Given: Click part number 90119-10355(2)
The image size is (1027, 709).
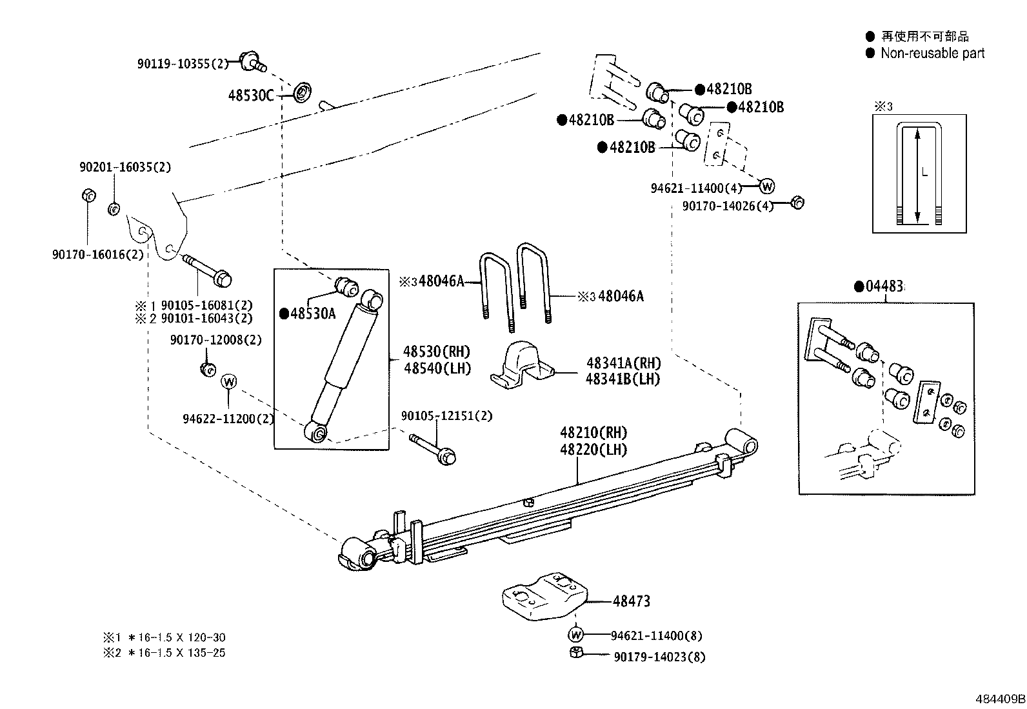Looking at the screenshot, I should (x=183, y=64).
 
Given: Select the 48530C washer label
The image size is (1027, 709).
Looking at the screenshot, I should (x=251, y=95).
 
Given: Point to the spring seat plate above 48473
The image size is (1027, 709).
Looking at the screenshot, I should (x=545, y=595).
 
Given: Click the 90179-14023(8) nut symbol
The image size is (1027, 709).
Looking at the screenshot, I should (x=577, y=653).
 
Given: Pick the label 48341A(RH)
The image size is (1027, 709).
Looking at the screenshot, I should (x=623, y=363).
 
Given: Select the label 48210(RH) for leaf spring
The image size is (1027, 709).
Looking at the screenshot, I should (x=593, y=432).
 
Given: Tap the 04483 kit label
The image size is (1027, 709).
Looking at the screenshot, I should (x=882, y=286).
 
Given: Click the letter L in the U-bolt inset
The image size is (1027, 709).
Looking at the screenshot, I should (x=924, y=173).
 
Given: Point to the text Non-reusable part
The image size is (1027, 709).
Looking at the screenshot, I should (x=932, y=54).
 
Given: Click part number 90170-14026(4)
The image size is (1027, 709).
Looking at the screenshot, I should (x=727, y=206).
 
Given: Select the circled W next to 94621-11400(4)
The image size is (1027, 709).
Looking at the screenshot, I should (x=766, y=186).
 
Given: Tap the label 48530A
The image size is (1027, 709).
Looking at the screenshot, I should (x=312, y=314).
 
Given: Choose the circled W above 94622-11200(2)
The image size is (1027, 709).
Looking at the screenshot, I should (x=229, y=381).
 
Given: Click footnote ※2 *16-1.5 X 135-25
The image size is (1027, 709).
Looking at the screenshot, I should (x=165, y=652).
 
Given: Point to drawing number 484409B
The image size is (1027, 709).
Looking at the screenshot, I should (x=999, y=698).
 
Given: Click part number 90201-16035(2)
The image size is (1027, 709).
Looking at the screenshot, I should (x=125, y=167).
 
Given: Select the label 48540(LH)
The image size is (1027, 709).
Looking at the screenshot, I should (x=437, y=368).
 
